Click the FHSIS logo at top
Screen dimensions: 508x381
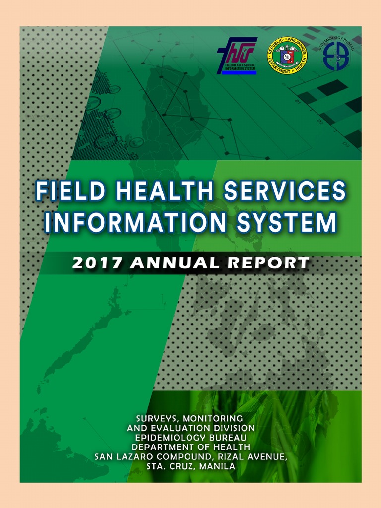(237, 56)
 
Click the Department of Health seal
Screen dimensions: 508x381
(286, 56)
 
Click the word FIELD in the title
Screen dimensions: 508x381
(65, 191)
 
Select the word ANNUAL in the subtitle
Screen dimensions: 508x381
(174, 263)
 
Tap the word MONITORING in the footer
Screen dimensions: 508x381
(213, 418)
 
